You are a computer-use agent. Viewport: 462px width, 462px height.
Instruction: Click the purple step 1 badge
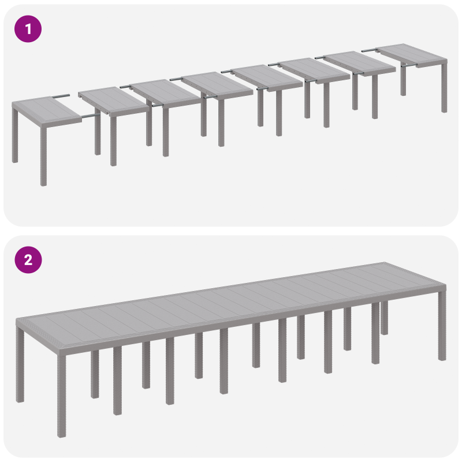click(28, 28)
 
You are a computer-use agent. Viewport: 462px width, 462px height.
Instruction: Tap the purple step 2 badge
click(28, 259)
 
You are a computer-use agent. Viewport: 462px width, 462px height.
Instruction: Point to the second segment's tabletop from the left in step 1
click(113, 100)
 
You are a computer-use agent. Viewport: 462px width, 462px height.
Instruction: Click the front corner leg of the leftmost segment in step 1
click(43, 156)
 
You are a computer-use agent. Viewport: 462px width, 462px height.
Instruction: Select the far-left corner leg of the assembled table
click(21, 364)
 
